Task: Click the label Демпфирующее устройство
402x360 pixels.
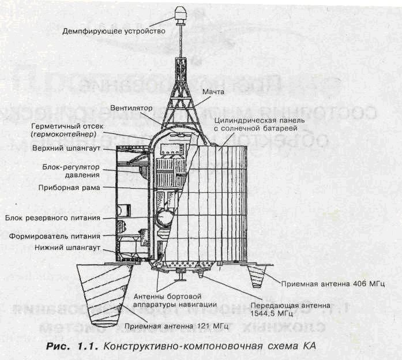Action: pyautogui.click(x=114, y=30)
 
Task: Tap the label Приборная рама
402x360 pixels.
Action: pyautogui.click(x=74, y=187)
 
